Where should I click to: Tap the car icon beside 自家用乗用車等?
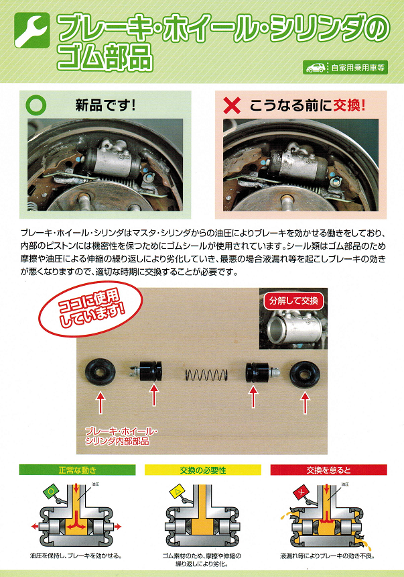(316, 68)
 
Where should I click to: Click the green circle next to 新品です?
(36, 105)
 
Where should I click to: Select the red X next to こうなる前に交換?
(232, 105)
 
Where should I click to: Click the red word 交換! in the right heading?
(349, 105)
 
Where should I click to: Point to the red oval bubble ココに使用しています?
(90, 309)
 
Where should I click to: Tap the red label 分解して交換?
(293, 301)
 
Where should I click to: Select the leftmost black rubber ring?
(100, 372)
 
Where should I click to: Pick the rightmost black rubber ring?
(304, 374)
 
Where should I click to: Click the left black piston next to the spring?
(146, 371)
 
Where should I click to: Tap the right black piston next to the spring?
(262, 372)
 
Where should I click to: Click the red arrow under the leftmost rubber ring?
(100, 403)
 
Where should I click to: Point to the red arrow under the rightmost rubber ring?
(305, 403)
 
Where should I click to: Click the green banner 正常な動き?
(77, 470)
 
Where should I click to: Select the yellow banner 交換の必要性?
(203, 470)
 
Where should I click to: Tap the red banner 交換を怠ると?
(329, 470)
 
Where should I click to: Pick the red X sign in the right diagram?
(301, 492)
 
